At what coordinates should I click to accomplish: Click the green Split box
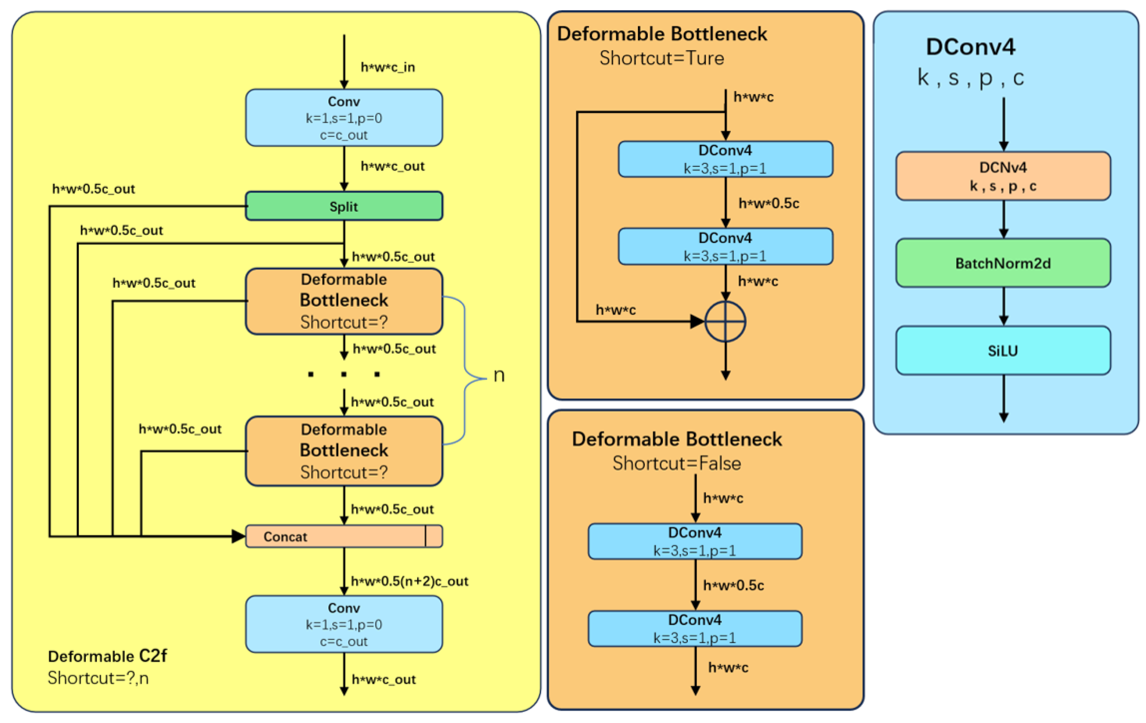tap(344, 206)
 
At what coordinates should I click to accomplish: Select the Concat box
tap(344, 536)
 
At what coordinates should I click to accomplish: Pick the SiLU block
tap(1003, 350)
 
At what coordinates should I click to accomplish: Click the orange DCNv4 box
tap(1003, 176)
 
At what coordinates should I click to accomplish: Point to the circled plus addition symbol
tap(725, 321)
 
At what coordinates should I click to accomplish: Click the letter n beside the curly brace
tap(499, 376)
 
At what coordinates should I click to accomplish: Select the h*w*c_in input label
tap(388, 67)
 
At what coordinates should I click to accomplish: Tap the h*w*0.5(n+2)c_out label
tap(410, 581)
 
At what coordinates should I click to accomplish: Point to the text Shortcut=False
tap(677, 463)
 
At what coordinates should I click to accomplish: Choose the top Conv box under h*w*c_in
tap(344, 117)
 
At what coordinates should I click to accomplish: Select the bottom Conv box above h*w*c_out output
tap(344, 624)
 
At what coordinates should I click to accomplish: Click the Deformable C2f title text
tap(107, 656)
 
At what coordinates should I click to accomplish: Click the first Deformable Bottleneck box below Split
tap(344, 301)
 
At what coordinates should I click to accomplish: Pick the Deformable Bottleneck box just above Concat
tap(344, 451)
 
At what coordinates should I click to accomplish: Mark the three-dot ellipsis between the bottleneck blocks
tap(344, 375)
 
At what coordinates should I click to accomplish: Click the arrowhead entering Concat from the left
tap(238, 536)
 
